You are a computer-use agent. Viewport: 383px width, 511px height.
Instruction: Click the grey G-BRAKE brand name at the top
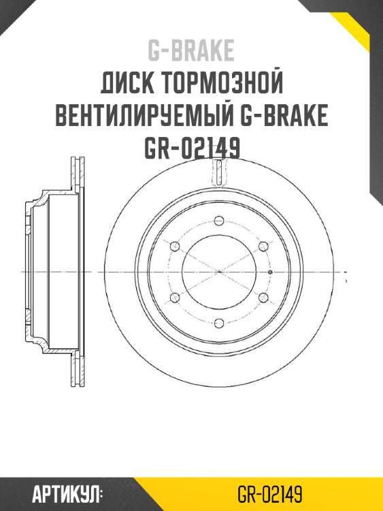(191, 50)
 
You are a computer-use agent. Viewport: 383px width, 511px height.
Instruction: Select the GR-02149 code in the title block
(191, 148)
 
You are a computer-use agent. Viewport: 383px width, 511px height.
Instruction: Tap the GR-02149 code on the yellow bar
(270, 493)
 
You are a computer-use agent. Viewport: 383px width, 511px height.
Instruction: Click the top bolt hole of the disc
(218, 220)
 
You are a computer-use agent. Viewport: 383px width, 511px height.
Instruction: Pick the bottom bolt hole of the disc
(218, 322)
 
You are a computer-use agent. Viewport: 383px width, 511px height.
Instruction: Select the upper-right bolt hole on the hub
(263, 246)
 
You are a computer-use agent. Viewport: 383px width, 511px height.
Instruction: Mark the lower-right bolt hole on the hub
(263, 297)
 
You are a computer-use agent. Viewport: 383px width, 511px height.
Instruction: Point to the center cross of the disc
(218, 271)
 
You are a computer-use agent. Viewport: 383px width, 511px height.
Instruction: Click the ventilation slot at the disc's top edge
(218, 174)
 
